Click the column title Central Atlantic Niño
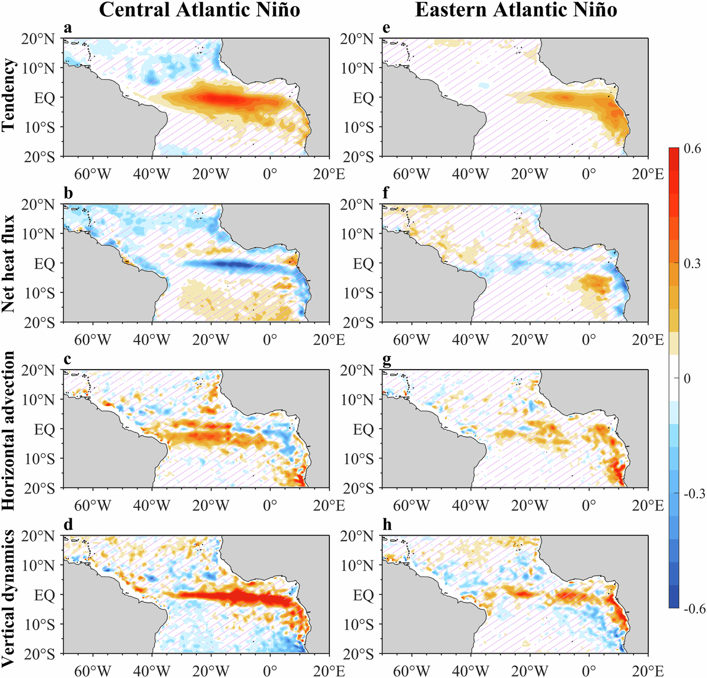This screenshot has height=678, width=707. point(200,10)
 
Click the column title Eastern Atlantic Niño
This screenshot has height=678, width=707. point(516,10)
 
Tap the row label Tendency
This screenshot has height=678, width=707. point(9,95)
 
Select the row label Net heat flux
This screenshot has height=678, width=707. point(9,263)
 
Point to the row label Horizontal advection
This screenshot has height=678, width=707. point(9,430)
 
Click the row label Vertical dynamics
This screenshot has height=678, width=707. point(9,597)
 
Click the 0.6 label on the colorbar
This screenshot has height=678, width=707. point(692,149)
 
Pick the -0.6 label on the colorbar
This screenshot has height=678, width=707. point(694,608)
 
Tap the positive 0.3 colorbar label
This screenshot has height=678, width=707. point(692,263)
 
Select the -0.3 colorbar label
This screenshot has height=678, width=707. point(694,493)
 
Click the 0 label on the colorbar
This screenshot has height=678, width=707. point(687,379)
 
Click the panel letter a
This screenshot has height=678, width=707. point(68,28)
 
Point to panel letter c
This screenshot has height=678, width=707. point(68,360)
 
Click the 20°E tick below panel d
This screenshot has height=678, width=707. point(329,671)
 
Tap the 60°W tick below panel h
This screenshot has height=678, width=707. point(412,671)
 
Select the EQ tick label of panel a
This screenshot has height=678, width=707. point(45,98)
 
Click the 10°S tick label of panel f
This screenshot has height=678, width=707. point(359,293)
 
